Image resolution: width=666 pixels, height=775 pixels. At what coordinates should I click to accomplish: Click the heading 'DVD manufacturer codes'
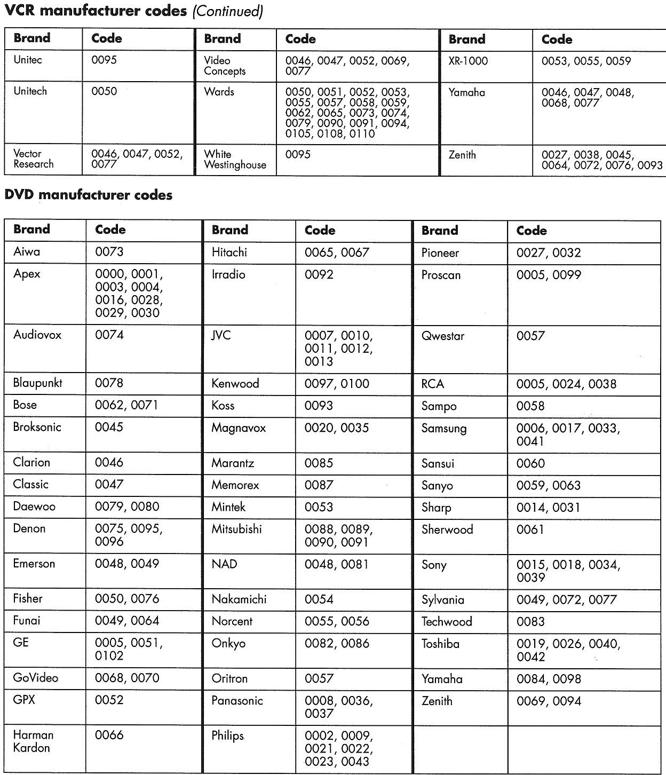point(88,195)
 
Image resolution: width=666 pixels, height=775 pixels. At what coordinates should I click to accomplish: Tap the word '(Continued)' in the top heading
point(228,11)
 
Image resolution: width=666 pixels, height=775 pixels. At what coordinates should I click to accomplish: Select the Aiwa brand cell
point(27,251)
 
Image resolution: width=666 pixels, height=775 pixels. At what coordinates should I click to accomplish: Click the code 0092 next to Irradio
point(319,274)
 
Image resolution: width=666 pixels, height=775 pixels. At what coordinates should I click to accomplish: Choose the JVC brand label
point(221,336)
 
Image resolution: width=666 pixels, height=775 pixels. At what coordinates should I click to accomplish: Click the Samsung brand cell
point(444,429)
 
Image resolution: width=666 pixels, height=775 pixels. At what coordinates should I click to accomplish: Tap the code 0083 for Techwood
point(530,622)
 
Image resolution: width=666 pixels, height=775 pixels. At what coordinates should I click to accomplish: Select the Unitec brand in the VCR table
point(28,60)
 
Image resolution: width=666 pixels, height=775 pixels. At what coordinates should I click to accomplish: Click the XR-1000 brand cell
point(468,61)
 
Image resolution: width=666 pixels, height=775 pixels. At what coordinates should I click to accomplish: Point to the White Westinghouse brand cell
point(235,160)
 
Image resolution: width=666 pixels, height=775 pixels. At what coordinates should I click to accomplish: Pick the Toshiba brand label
point(440,644)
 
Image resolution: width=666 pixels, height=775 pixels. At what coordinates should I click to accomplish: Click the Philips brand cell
point(227,736)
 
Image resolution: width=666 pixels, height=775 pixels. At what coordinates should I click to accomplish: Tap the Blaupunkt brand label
point(38,383)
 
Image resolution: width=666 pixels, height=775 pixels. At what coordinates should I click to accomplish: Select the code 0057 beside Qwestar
point(530,336)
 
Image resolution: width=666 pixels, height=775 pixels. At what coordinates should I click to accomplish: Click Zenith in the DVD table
point(437,701)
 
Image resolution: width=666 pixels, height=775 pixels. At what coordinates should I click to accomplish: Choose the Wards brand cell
point(219,92)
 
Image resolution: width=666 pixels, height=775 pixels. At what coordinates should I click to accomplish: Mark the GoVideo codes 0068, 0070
point(127,678)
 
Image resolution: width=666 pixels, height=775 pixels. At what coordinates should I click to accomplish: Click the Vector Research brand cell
point(34,159)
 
